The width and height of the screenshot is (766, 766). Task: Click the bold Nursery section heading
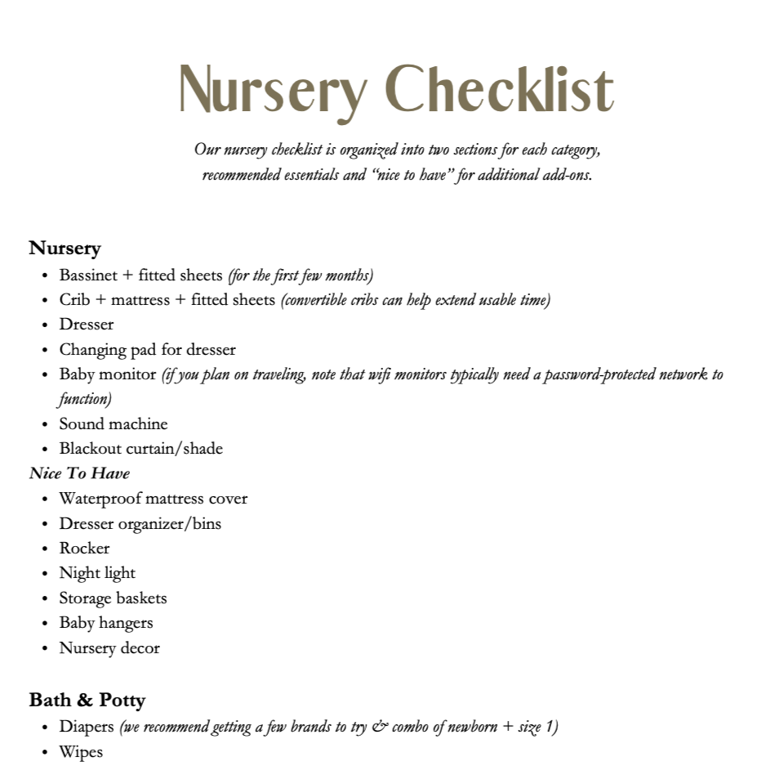[65, 248]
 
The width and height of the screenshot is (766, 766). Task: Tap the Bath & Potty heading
[87, 701]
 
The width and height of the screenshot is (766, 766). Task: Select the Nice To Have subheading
[79, 473]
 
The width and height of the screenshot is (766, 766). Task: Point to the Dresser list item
[87, 325]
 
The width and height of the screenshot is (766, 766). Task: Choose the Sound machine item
[113, 424]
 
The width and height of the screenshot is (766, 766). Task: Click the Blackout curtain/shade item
[140, 449]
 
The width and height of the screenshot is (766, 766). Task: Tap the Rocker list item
[84, 549]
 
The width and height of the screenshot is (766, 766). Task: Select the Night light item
[97, 573]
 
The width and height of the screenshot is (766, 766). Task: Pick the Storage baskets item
[113, 598]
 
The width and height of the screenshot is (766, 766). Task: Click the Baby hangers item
[106, 623]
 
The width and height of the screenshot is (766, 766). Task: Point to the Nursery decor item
[109, 648]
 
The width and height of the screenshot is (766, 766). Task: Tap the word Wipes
[81, 752]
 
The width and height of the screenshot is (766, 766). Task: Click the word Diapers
[87, 727]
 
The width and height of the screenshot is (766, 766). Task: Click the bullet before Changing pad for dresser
[44, 351]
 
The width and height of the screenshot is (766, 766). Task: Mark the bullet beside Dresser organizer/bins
[44, 524]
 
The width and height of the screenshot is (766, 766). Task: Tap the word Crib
[74, 300]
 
